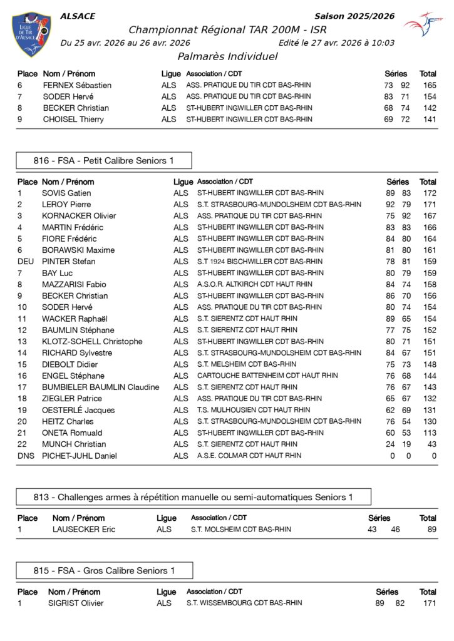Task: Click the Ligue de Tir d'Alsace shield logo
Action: pos(31,34)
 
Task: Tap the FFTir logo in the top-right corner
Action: pos(423,24)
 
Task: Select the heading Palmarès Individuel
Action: pos(227,57)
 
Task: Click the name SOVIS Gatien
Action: pos(66,193)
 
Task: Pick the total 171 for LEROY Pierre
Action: pos(428,205)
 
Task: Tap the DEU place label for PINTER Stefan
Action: pos(26,262)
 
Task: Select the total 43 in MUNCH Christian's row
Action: pos(431,444)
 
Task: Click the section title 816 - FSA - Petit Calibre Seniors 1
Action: pos(104,161)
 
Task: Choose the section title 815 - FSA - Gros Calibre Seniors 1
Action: pos(104,571)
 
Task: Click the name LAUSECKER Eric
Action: pos(84,530)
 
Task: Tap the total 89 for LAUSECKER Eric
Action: pos(431,530)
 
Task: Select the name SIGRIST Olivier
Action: pos(76,603)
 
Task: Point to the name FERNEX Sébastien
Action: pos(77,85)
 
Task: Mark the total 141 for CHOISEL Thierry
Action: pos(428,120)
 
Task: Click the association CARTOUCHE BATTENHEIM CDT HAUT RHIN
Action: pos(267,376)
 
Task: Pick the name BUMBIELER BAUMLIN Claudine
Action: pos(100,387)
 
